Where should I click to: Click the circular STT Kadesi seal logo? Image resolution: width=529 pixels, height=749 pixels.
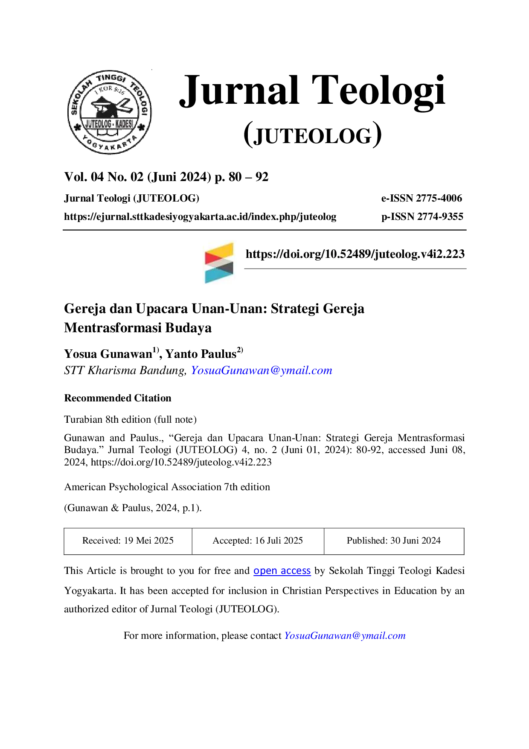pos(110,112)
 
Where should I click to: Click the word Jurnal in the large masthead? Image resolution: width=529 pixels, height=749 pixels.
pos(239,91)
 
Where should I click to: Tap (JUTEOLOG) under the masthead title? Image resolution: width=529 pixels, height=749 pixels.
pos(313,135)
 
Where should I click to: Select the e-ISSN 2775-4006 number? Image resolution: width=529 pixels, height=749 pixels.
pos(421,198)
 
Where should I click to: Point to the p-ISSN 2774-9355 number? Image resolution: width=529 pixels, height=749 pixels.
pos(422,217)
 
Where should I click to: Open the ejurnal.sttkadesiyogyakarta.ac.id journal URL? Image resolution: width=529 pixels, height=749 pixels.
pos(200,217)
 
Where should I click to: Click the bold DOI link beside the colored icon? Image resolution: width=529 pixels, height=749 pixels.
pos(355,254)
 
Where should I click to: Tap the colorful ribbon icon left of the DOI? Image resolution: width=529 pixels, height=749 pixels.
pos(219,263)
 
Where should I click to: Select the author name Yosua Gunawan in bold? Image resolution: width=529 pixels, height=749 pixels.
pos(108,354)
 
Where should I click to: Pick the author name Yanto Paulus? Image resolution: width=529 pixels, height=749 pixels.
pos(201,354)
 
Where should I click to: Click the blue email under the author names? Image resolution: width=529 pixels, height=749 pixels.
pos(262,370)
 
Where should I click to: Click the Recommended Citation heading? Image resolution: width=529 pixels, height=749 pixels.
pos(118,398)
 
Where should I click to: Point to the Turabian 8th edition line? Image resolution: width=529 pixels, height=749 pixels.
pos(130,419)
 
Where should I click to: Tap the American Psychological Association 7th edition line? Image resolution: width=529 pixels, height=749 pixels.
pos(167,487)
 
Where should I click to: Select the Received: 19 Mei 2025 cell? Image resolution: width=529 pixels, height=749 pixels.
pos(128,541)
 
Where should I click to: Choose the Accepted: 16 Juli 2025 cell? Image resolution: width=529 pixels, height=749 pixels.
pos(258,541)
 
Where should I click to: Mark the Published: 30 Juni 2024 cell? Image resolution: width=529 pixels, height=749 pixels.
pos(394,541)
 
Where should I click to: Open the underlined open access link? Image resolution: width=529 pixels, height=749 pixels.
pos(282,571)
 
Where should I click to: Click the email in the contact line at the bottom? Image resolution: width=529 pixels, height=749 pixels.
pos(345,635)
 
